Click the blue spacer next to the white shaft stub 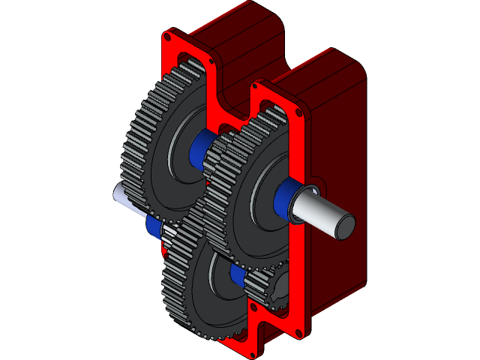[154, 226]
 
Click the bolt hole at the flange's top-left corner [169, 35]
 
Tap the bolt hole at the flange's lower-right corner [302, 331]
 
